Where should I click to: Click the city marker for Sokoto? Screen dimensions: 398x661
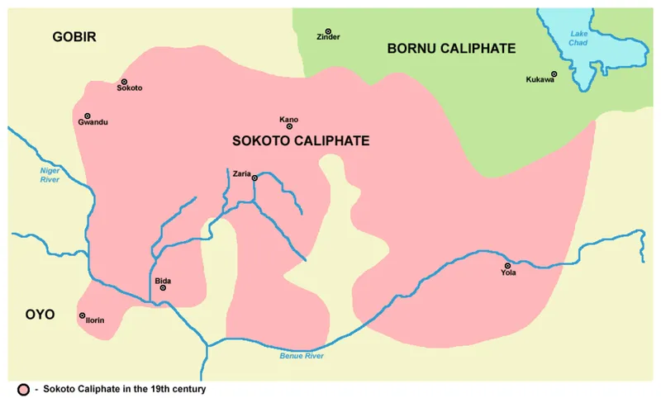pos(123,82)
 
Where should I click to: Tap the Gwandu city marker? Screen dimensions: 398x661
pos(88,116)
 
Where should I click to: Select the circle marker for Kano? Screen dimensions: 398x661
pos(289,126)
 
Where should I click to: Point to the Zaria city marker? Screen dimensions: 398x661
pos(254,178)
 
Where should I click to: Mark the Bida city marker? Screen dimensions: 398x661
pos(163,287)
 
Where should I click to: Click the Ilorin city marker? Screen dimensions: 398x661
pos(83,315)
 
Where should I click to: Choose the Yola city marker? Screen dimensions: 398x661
pos(506,267)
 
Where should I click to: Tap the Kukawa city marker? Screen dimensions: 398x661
pos(554,74)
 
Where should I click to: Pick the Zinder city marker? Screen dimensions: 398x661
pos(328,31)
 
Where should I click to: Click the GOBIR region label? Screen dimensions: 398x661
pos(74,37)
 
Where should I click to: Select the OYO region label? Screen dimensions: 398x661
pos(39,315)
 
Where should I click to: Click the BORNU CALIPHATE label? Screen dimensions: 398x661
pos(451,49)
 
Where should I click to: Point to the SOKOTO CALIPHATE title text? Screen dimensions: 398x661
pos(301,141)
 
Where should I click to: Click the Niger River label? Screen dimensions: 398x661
pos(51,174)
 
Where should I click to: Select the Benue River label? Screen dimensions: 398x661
pos(301,355)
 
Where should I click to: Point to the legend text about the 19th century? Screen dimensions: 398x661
pos(124,388)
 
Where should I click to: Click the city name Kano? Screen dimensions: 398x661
pos(289,119)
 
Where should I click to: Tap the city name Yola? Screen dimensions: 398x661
pos(508,273)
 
